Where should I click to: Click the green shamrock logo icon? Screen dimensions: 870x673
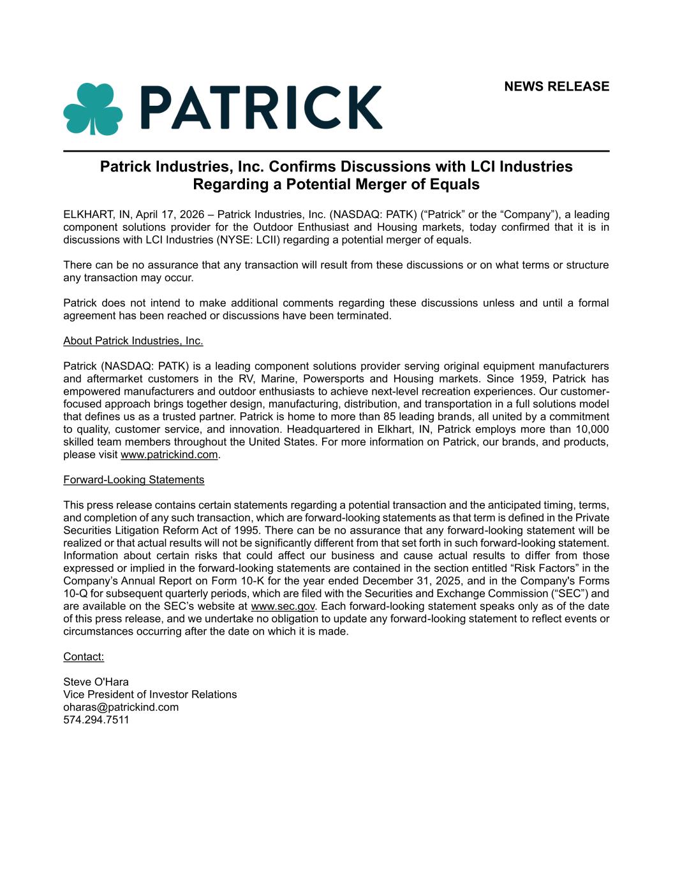[92, 108]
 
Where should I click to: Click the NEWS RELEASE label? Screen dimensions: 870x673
[556, 87]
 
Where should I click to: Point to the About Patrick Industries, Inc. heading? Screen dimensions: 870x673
[133, 341]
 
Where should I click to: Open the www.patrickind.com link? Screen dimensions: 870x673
[169, 455]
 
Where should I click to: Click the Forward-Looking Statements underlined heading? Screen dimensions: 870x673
[133, 480]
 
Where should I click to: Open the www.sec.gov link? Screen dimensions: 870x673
[283, 606]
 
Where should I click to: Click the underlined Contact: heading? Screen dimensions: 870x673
[83, 656]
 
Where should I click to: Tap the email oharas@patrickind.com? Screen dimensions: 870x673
[121, 707]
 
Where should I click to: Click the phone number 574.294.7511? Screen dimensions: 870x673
[96, 720]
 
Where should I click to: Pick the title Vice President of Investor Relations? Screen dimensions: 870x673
[150, 695]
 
